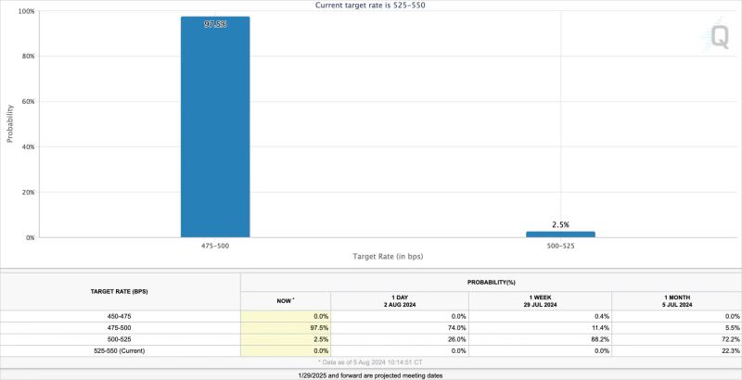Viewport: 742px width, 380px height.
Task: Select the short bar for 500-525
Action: (x=560, y=234)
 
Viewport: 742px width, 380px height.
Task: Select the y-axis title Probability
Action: (x=10, y=123)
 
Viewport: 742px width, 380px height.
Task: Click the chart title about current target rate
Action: (x=371, y=5)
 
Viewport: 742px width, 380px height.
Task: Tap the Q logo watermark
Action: (x=719, y=36)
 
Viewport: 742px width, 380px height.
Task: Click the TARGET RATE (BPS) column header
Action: (x=121, y=291)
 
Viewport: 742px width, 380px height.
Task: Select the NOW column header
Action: (x=284, y=300)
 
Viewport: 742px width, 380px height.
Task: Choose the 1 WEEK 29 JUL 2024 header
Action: (x=540, y=300)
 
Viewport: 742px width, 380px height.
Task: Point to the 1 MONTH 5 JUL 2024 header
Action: (x=676, y=300)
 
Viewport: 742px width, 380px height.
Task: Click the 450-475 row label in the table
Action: (x=121, y=317)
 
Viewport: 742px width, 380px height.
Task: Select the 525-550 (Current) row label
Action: (x=121, y=350)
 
